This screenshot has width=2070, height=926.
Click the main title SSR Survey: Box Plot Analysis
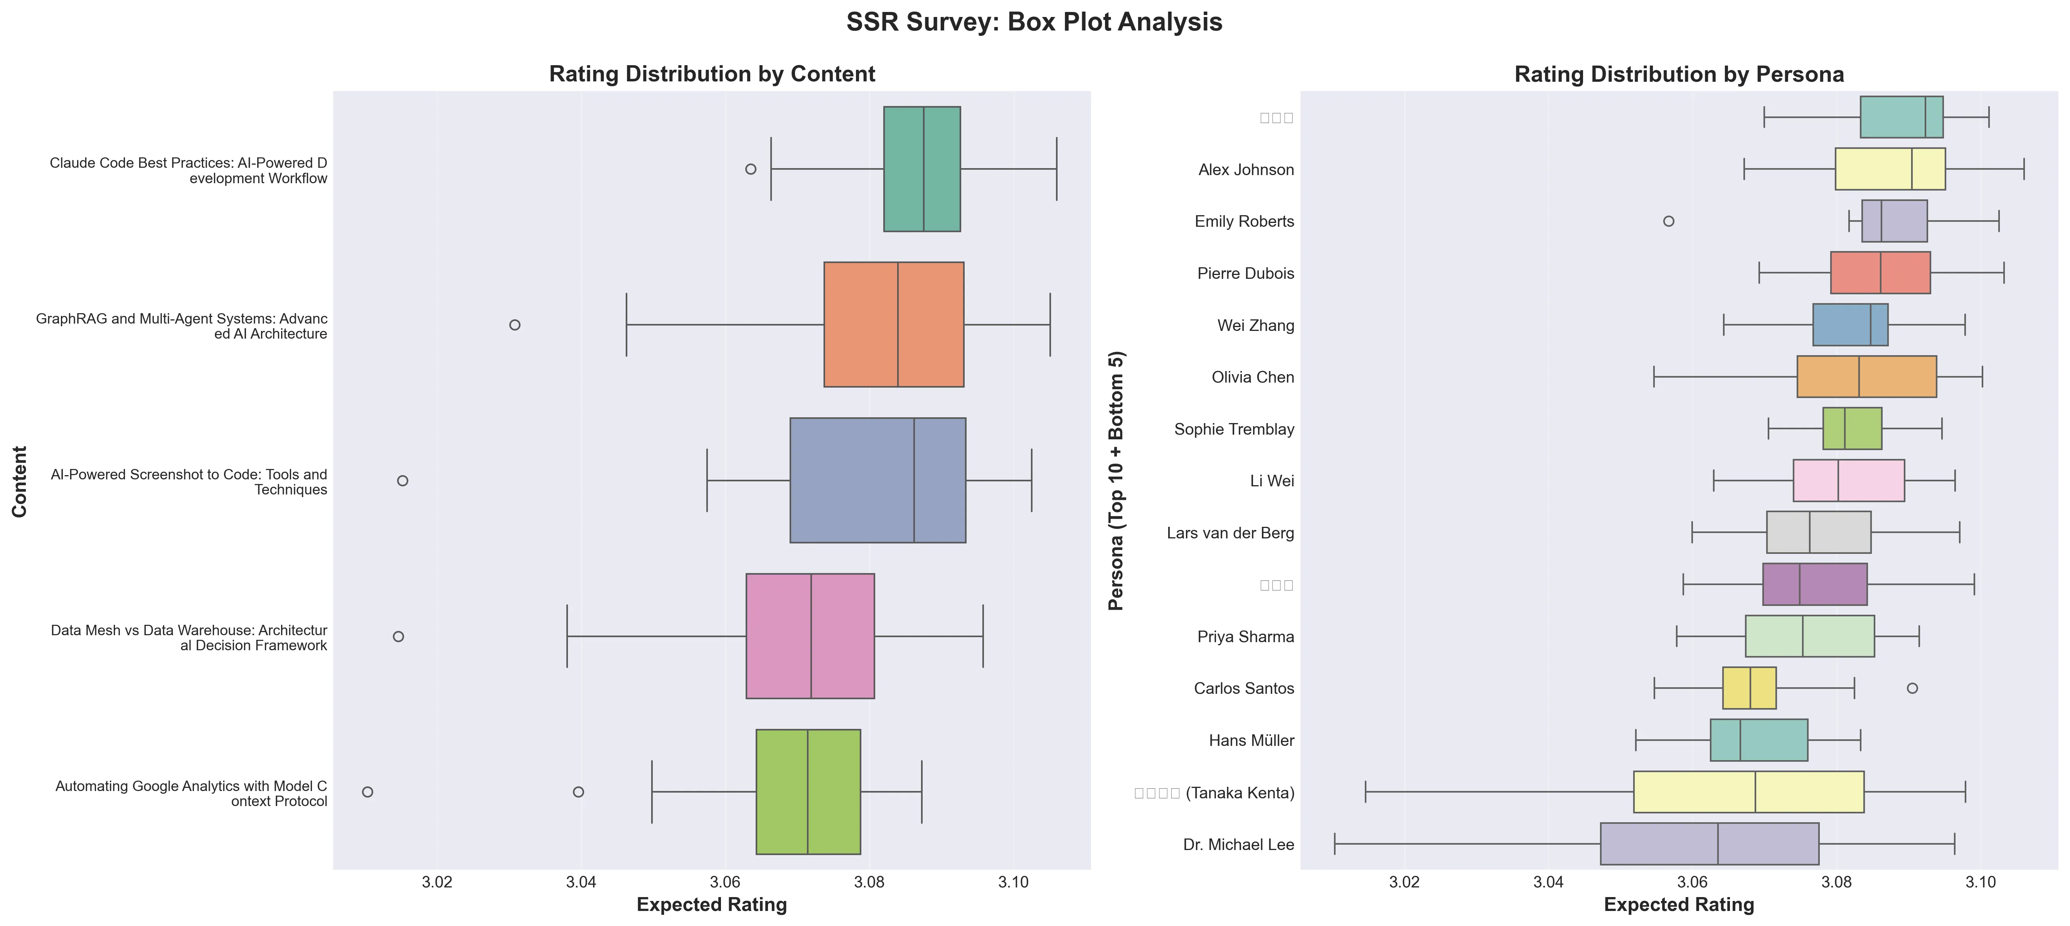[x=1034, y=22]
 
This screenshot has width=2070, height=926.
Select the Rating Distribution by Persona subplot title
[x=1679, y=74]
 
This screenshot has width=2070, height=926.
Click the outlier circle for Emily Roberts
[x=1668, y=221]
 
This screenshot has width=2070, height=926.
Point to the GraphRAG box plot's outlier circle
[x=515, y=325]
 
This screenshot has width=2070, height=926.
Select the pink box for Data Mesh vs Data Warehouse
[x=810, y=636]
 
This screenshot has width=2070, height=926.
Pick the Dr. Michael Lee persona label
[x=1238, y=845]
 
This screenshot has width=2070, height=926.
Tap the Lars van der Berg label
[x=1230, y=533]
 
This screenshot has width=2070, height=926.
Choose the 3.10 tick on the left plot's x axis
[x=1013, y=882]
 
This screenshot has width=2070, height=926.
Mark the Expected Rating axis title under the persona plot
[x=1679, y=905]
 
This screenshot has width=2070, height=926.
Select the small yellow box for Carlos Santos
[x=1749, y=688]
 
